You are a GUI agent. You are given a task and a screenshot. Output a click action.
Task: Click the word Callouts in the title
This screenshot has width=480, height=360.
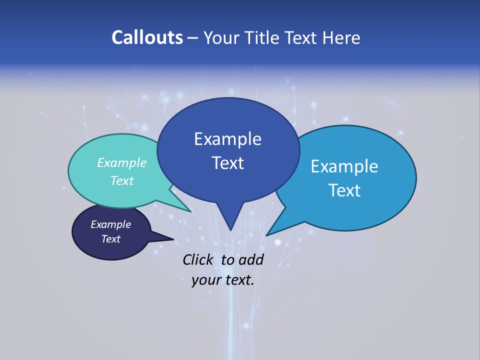(x=147, y=37)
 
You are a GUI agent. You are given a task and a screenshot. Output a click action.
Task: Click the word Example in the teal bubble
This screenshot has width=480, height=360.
(x=122, y=162)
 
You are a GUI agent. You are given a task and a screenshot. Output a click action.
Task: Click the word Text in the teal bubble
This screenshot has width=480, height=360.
(x=122, y=180)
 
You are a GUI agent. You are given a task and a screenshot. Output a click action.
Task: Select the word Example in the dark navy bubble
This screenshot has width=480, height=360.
(x=111, y=224)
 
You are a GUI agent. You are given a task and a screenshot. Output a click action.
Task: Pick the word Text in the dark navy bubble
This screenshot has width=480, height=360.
(x=111, y=239)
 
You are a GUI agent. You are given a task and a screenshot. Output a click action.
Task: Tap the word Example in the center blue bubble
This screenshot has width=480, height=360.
(x=227, y=139)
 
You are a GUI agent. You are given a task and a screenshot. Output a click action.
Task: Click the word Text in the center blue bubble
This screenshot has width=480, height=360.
(x=227, y=163)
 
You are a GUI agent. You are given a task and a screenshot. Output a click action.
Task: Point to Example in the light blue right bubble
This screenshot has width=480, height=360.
(x=344, y=166)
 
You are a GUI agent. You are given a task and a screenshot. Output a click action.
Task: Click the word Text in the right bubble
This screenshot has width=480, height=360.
(x=344, y=190)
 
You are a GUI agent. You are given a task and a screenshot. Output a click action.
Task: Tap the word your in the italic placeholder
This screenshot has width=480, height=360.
(x=205, y=280)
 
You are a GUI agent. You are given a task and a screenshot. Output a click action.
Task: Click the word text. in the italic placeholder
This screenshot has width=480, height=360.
(x=238, y=280)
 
